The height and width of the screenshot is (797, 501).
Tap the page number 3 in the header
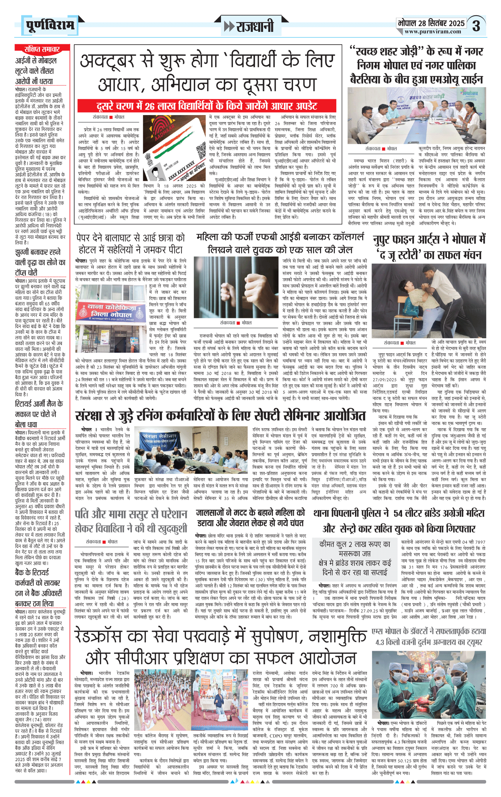[476, 26]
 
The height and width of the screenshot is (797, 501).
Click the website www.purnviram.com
[433, 32]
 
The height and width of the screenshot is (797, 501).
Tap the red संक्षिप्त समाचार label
[42, 49]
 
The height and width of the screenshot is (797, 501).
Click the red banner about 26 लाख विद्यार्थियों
[207, 106]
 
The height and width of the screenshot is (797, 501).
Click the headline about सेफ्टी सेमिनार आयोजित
[221, 416]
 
